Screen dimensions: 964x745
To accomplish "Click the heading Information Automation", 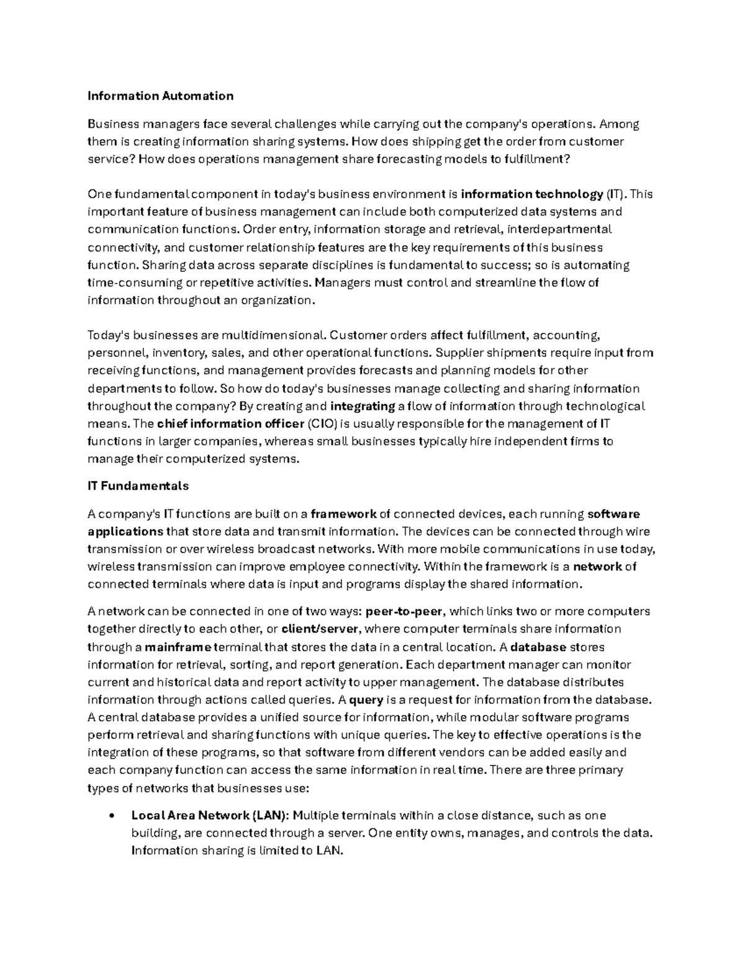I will (x=160, y=96).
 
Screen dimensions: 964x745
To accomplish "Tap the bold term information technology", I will (x=531, y=194).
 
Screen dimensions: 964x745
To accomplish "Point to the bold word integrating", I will (x=363, y=407).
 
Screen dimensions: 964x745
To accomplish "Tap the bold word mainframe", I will (x=178, y=647).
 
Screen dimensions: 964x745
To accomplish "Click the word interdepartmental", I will (x=559, y=229).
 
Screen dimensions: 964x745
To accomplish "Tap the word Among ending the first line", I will (x=619, y=124).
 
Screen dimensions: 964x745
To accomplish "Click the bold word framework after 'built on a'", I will (x=343, y=514).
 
